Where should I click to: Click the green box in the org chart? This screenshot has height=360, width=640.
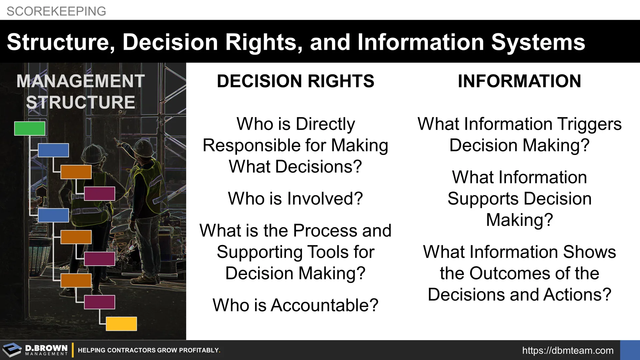[x=30, y=128]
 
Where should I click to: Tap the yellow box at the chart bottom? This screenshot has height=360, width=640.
[x=121, y=324]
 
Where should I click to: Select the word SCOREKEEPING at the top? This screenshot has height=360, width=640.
[x=56, y=11]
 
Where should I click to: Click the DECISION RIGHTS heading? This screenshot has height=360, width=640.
[x=296, y=81]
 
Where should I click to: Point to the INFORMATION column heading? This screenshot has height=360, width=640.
[x=519, y=81]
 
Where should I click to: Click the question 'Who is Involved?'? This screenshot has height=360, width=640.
[x=295, y=198]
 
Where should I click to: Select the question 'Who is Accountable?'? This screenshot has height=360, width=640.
[x=295, y=305]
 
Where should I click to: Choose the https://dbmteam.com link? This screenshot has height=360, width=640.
[x=568, y=350]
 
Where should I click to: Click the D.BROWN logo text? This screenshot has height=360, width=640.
[x=46, y=348]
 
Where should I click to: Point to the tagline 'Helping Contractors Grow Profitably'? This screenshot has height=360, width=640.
[x=149, y=350]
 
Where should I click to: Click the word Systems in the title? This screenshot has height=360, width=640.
[x=538, y=43]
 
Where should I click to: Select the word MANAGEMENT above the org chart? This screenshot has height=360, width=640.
[x=81, y=81]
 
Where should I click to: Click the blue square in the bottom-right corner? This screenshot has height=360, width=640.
[x=630, y=350]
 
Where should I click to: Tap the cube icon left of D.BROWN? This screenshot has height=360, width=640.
[x=12, y=350]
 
